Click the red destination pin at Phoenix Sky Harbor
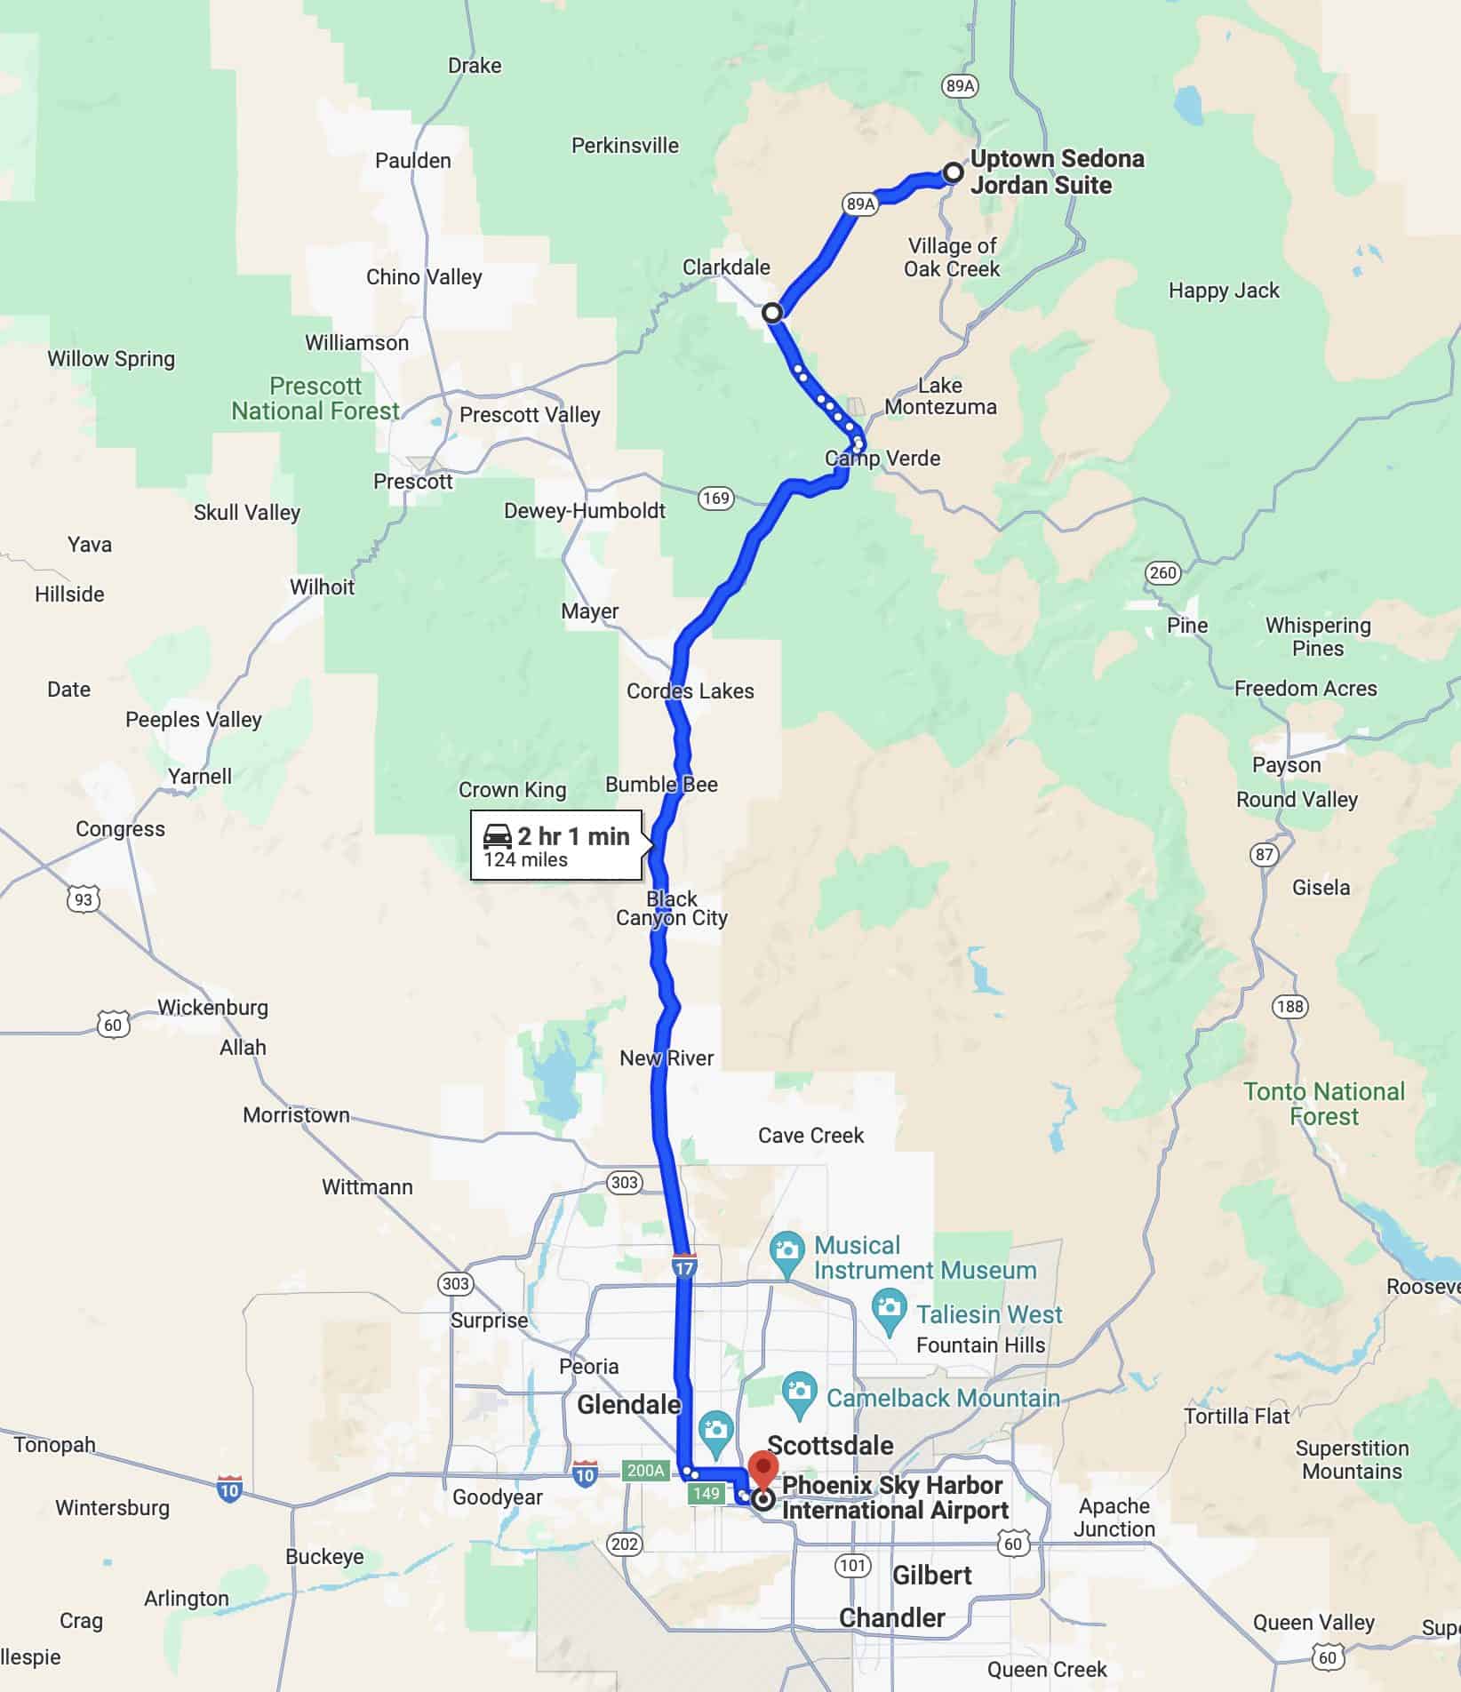point(762,1468)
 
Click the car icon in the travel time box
point(498,836)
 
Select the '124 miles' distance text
point(525,859)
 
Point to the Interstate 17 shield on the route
point(683,1265)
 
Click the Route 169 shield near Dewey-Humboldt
point(715,498)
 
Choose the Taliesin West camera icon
point(890,1307)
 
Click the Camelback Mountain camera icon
point(800,1391)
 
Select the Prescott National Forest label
point(315,398)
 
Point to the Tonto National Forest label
point(1323,1103)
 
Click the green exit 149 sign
point(707,1493)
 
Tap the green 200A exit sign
point(645,1471)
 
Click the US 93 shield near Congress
point(83,899)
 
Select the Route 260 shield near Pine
point(1162,572)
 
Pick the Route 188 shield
point(1289,1006)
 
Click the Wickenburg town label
point(212,1007)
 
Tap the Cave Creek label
point(810,1135)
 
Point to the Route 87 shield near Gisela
point(1264,854)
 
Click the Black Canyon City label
point(672,908)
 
